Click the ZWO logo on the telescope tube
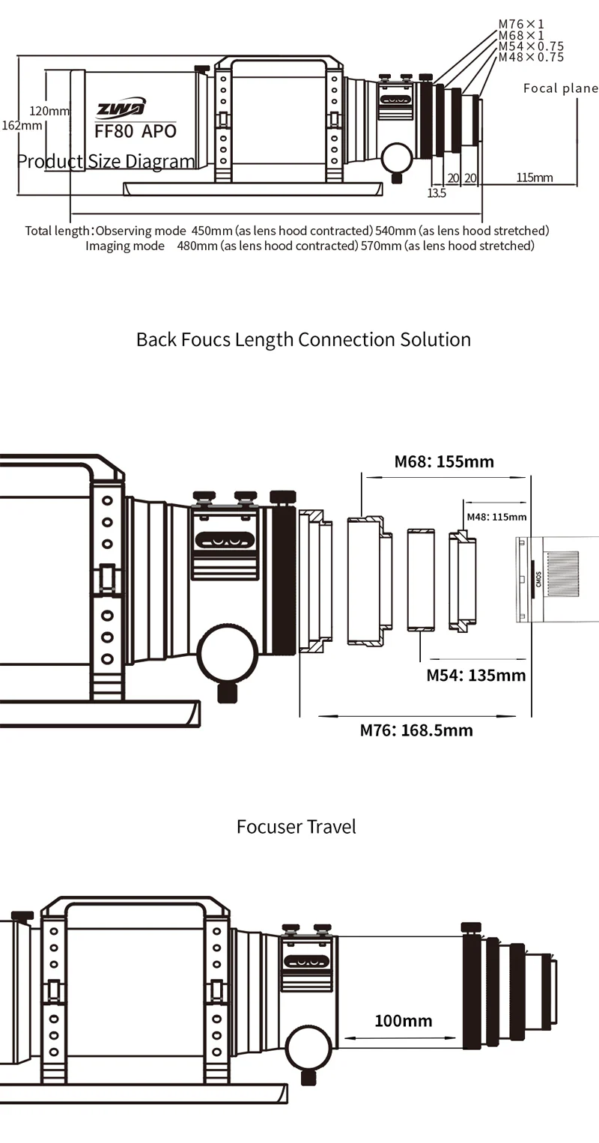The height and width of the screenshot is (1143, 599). (121, 109)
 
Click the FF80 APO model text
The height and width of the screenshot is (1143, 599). (136, 130)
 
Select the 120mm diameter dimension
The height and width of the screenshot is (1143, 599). (49, 111)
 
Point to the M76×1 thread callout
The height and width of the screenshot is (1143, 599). (521, 25)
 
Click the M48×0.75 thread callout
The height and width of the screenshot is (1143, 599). (531, 57)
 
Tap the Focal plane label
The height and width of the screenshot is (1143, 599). (560, 88)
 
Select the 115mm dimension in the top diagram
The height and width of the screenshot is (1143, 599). (535, 178)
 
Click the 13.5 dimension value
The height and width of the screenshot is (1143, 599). (437, 193)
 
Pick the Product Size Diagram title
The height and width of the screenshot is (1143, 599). (106, 161)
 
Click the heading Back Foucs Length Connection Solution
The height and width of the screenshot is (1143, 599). (303, 339)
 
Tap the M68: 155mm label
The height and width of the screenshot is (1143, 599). (444, 461)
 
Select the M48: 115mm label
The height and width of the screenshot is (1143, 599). (496, 517)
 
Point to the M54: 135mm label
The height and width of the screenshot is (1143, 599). (476, 675)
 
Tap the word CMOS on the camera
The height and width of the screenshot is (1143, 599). (539, 579)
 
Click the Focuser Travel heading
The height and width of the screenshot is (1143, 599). (297, 827)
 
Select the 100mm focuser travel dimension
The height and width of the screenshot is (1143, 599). (403, 1020)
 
